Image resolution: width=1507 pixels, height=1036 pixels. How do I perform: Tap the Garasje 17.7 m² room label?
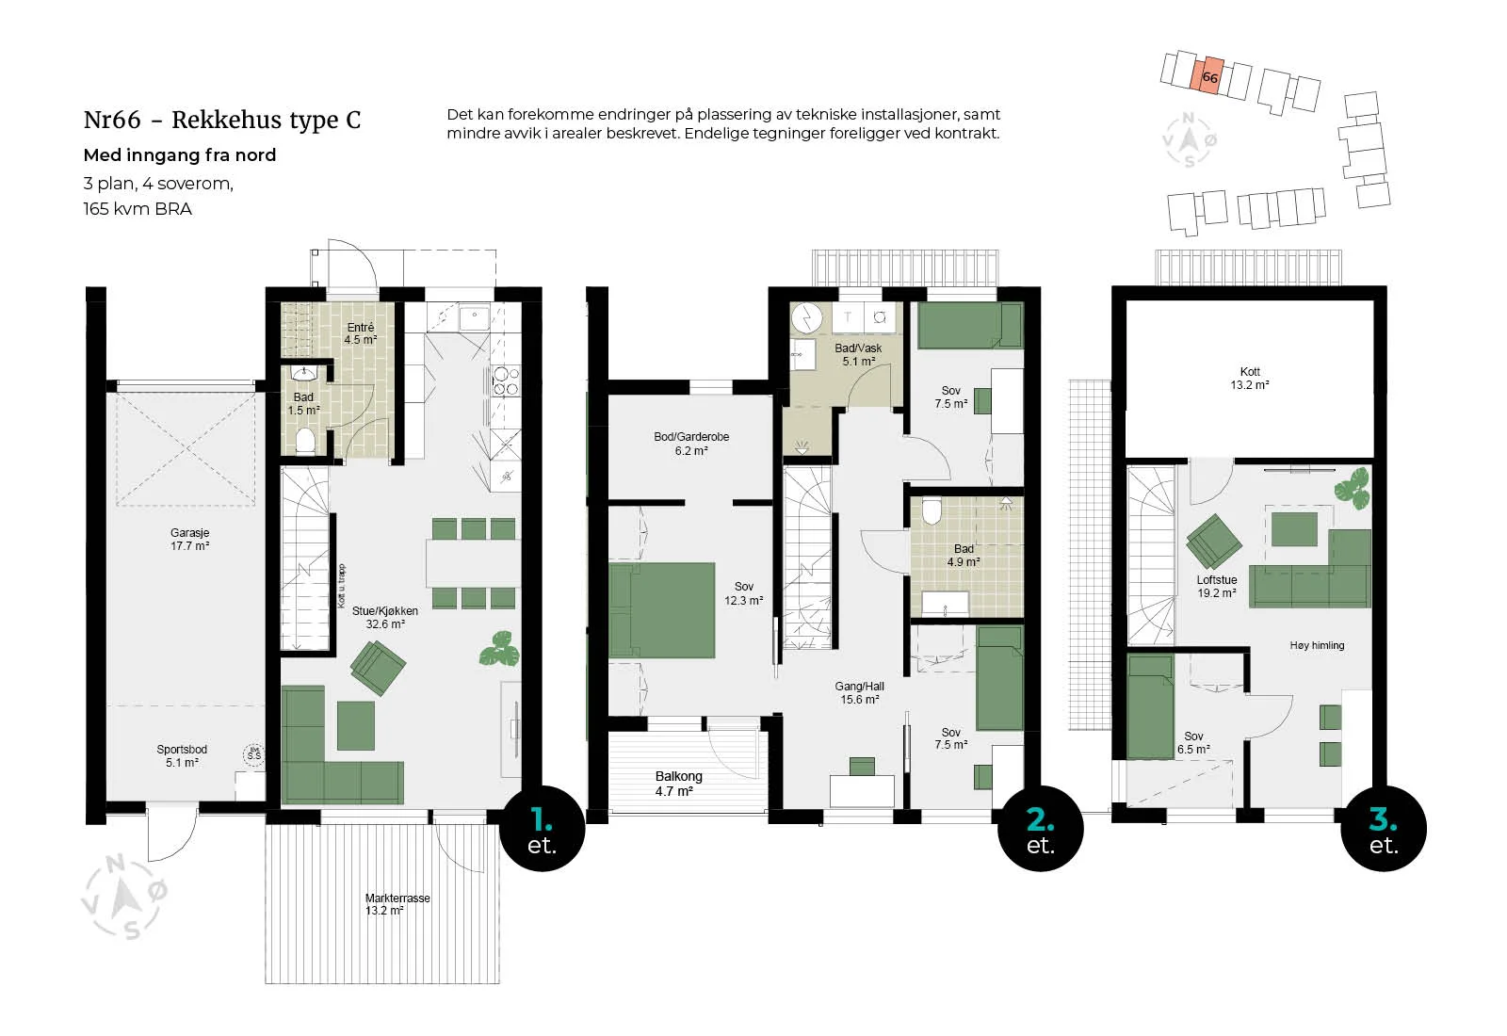[x=189, y=540]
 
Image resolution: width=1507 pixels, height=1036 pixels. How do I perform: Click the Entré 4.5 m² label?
[x=361, y=333]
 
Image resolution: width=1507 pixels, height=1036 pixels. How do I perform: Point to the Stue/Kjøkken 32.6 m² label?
[x=385, y=618]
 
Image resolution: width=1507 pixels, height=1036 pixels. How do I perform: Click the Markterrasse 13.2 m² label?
[x=397, y=904]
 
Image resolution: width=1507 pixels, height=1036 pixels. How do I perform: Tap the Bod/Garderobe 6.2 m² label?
[x=691, y=444]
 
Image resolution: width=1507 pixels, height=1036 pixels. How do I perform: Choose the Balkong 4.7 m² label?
[x=678, y=784]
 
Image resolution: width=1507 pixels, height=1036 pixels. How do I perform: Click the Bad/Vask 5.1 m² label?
[x=858, y=354]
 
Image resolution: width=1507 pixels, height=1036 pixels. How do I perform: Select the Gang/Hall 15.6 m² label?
[x=860, y=693]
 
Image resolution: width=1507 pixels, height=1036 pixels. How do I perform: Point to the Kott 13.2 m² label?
[x=1250, y=378]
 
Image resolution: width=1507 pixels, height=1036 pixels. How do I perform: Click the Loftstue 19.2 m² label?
[x=1216, y=587]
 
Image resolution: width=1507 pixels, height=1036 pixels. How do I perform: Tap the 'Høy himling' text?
[x=1318, y=646]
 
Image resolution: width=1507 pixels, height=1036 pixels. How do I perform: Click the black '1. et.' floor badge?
[x=543, y=829]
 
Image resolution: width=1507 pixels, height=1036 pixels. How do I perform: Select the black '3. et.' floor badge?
[x=1384, y=829]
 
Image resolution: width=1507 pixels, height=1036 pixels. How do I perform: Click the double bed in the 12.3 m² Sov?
[x=662, y=610]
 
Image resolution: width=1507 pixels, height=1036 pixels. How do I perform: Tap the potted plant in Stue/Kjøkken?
[x=500, y=649]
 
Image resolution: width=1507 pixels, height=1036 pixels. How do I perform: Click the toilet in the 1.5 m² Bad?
[x=305, y=442]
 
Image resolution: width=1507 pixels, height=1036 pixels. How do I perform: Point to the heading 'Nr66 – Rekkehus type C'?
[x=222, y=120]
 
